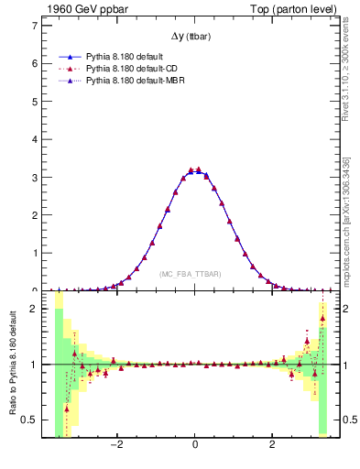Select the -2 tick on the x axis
(x=117, y=444)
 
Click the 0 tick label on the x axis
(x=195, y=444)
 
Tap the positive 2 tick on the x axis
(x=272, y=444)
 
